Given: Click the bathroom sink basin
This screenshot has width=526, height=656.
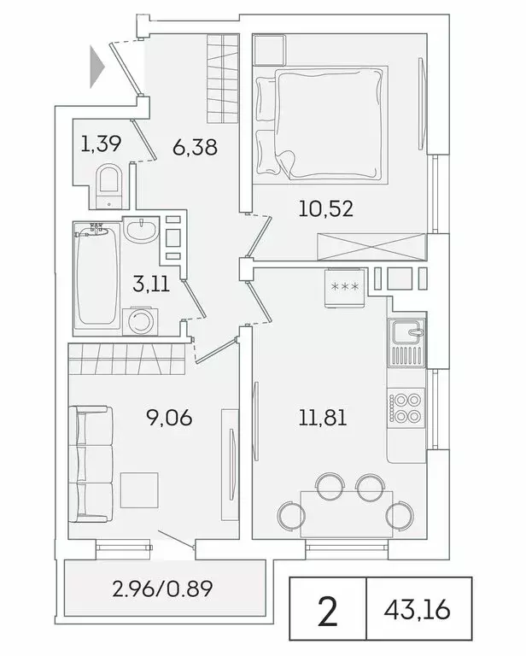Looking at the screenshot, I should tap(141, 230).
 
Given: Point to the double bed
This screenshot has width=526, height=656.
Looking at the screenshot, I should tap(319, 124).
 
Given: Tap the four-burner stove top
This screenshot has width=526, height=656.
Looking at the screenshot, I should tap(406, 406).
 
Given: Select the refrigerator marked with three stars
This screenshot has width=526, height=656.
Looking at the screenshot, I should tap(346, 286).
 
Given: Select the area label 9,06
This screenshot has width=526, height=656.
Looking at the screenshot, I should tap(168, 418).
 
